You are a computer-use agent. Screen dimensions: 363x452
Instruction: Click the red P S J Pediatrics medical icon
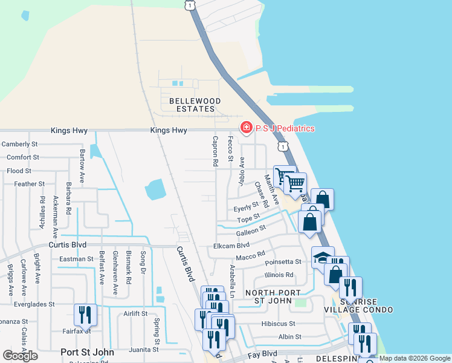246,128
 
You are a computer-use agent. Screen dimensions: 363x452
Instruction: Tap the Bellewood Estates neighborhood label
186,105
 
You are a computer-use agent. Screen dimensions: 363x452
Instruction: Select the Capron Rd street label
215,151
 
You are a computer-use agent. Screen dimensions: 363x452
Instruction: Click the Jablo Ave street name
242,171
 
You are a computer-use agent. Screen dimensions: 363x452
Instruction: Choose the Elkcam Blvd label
231,246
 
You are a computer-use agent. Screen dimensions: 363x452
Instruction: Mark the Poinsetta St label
283,261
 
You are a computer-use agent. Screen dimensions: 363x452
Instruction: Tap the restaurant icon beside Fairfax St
85,315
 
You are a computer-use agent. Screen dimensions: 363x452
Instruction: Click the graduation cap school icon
323,257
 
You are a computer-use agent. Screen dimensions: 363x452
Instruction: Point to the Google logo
20,356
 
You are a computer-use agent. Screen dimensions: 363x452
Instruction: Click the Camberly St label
19,145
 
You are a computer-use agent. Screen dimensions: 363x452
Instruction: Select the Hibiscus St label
279,324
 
